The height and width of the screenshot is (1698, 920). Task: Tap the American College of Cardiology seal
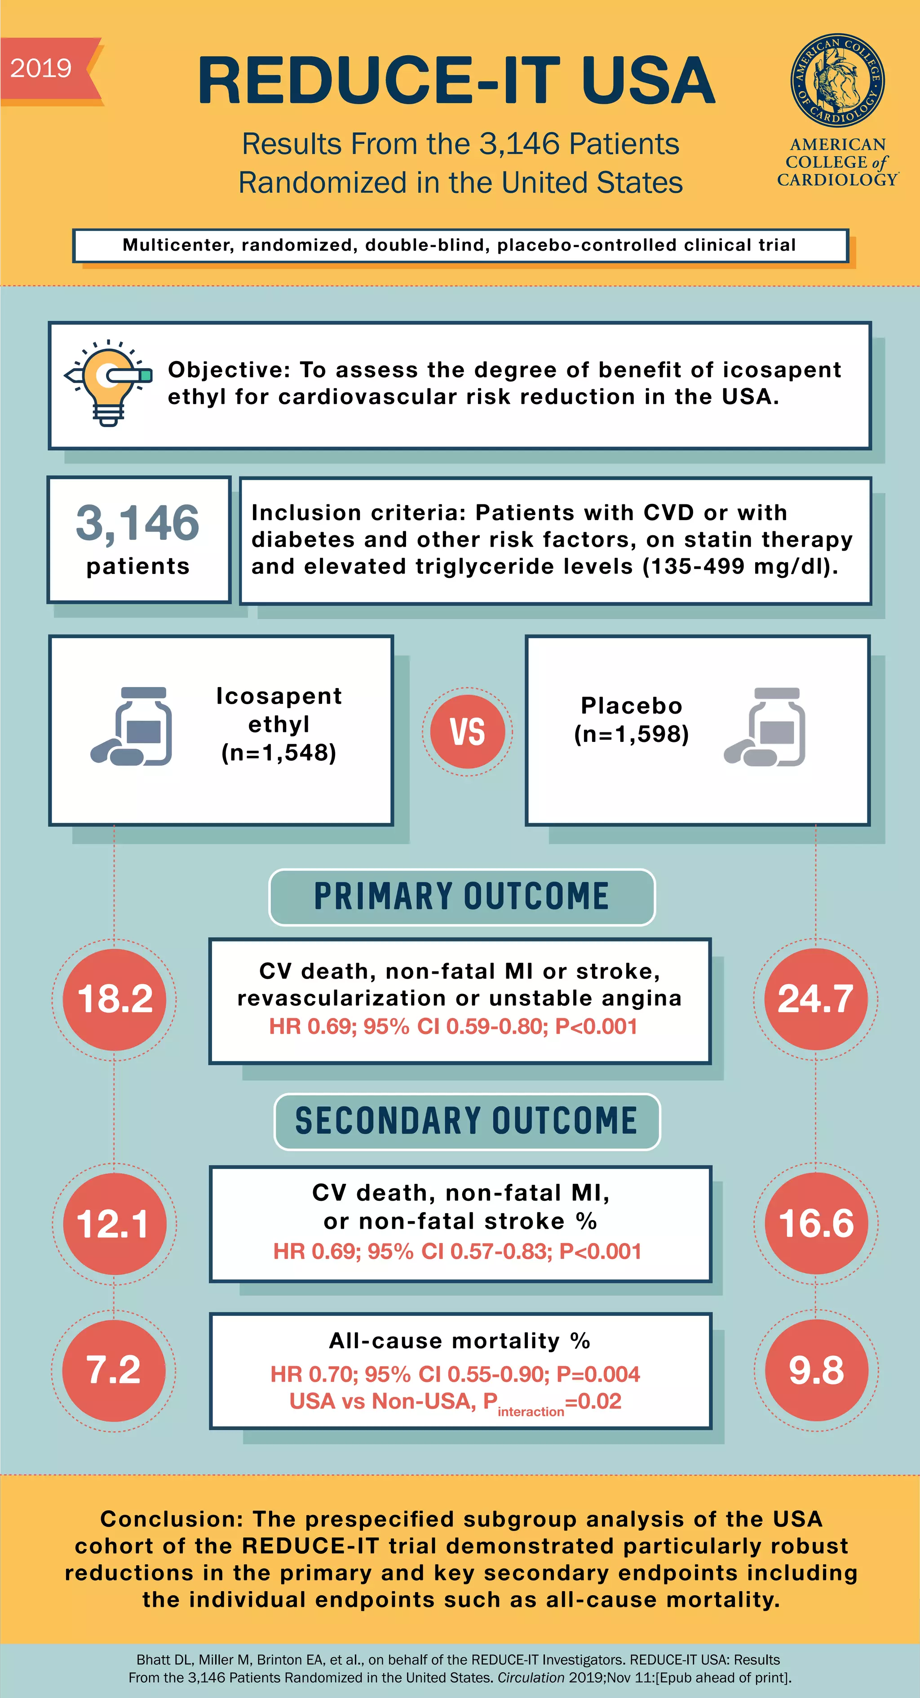[x=837, y=80]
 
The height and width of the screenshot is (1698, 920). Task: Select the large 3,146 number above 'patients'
[x=138, y=523]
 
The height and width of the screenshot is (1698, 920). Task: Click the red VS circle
[x=468, y=732]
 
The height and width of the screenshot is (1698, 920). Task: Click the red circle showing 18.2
[x=115, y=999]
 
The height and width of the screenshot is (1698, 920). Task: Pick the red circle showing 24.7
[x=816, y=999]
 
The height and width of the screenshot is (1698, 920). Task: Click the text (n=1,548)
[x=279, y=752]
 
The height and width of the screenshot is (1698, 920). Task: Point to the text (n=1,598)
[x=632, y=734]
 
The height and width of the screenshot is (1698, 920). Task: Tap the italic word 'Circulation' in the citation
[x=531, y=1677]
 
